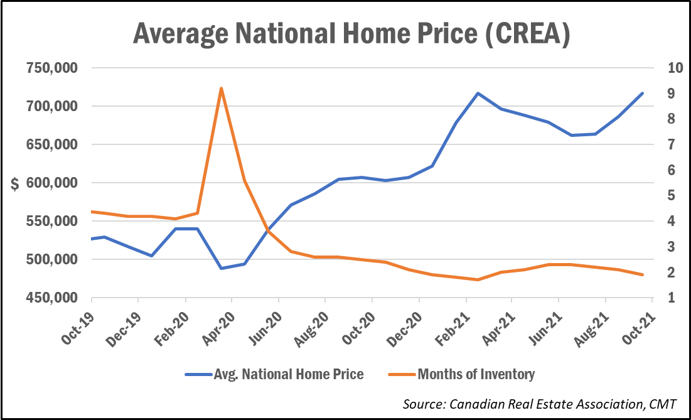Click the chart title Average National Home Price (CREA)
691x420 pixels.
pos(351,34)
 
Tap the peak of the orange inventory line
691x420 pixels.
pos(221,89)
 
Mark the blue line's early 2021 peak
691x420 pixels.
pos(478,93)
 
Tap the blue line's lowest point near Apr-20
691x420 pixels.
pos(221,268)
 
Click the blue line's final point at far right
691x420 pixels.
pos(643,93)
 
